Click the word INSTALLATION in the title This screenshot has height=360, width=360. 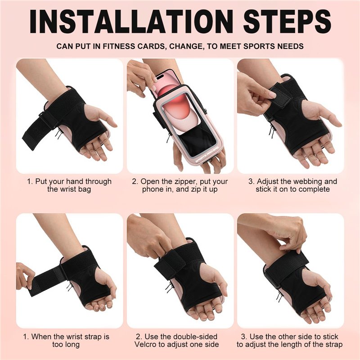tap(131, 21)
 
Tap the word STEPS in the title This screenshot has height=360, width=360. tap(288, 21)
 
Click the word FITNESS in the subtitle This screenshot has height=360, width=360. tap(119, 46)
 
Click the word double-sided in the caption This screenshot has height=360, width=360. tap(195, 337)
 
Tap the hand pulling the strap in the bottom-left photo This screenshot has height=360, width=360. tap(25, 275)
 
